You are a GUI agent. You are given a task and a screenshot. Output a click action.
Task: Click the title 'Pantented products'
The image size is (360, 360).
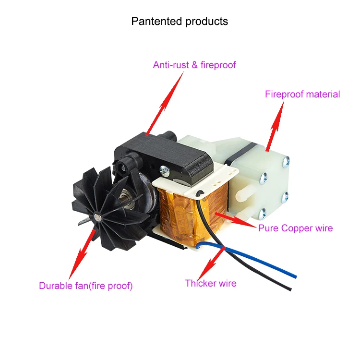180,22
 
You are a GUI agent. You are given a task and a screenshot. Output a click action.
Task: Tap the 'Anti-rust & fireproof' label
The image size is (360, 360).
194,65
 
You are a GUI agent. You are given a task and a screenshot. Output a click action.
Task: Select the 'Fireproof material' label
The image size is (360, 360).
302,95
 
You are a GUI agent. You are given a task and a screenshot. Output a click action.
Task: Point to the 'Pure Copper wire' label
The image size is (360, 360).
295,228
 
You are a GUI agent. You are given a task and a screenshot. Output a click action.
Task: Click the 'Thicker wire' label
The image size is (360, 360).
211,283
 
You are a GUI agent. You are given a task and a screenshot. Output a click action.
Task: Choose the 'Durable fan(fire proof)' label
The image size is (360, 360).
85,286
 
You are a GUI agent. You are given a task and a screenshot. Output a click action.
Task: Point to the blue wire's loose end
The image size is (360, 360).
294,276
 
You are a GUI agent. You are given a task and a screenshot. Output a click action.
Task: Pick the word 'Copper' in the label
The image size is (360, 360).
293,228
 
